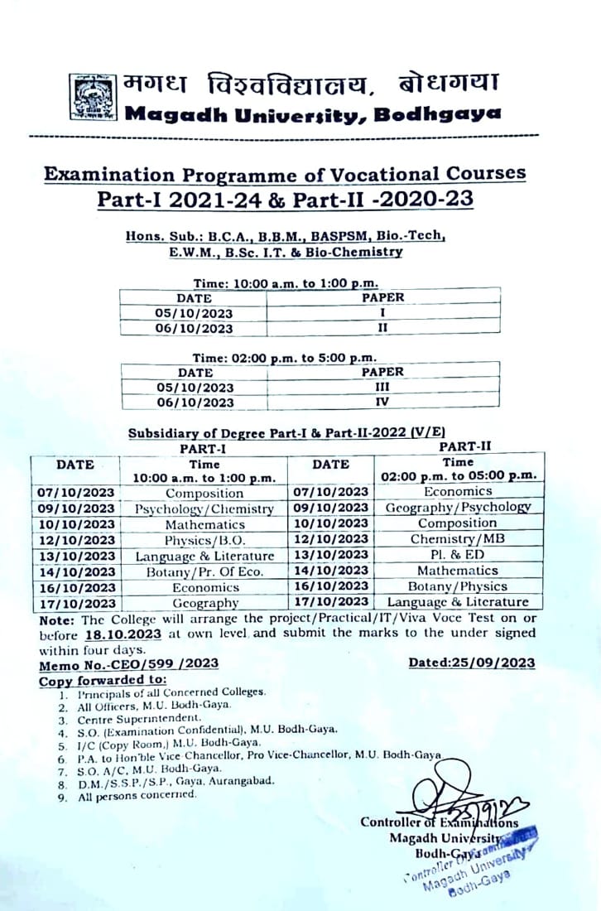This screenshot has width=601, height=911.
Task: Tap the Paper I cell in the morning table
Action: click(x=382, y=312)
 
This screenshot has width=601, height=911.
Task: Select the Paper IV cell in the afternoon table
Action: click(x=382, y=402)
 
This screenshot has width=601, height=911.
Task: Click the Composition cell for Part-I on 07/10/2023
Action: click(x=204, y=493)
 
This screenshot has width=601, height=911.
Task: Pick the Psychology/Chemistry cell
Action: click(x=204, y=509)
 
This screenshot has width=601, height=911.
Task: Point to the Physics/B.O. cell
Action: click(x=204, y=540)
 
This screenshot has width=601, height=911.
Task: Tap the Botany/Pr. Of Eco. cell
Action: click(x=204, y=571)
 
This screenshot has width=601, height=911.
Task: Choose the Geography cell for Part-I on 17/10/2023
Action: click(x=204, y=603)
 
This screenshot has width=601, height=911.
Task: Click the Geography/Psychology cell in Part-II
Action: click(x=457, y=508)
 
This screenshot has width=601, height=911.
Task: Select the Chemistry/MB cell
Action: click(x=457, y=539)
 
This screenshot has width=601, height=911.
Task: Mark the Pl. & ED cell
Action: click(x=457, y=555)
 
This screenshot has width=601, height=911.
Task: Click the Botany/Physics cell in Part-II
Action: click(x=457, y=586)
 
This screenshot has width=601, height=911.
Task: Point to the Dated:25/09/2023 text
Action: click(x=471, y=663)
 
